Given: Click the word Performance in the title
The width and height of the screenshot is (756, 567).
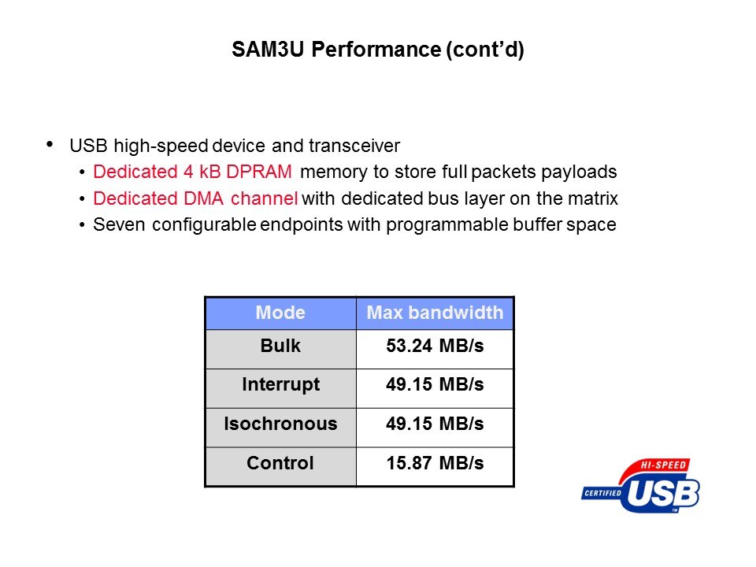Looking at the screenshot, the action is coord(376,49).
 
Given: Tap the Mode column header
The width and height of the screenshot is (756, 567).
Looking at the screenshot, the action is coord(280,313).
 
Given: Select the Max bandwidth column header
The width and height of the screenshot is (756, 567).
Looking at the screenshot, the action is coord(435,313).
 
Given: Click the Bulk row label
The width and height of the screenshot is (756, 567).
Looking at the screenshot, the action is coord(280,346).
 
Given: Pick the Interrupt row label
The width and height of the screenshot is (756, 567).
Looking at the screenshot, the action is coord(280,385).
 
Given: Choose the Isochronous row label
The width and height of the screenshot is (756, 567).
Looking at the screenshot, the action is coord(280,424).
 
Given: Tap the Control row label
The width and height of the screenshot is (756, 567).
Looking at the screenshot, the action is coord(280,463).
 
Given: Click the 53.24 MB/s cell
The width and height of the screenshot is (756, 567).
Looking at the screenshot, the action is coord(435,346).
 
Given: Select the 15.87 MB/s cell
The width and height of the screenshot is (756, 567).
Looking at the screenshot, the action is coord(435,463).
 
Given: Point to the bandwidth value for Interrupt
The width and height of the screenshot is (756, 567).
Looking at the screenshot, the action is coord(435,384).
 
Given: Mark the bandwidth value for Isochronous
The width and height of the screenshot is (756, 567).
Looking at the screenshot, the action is coord(435,424).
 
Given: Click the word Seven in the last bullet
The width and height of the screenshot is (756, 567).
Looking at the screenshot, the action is coord(119,224).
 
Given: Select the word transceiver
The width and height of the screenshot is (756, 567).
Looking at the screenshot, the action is coord(354,146).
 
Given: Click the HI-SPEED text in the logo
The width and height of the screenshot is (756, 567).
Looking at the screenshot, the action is coord(663,465).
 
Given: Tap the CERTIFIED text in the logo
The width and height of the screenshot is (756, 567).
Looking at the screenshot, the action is coord(602,493).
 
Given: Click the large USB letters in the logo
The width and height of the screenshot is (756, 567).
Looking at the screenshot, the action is coord(663,494).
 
